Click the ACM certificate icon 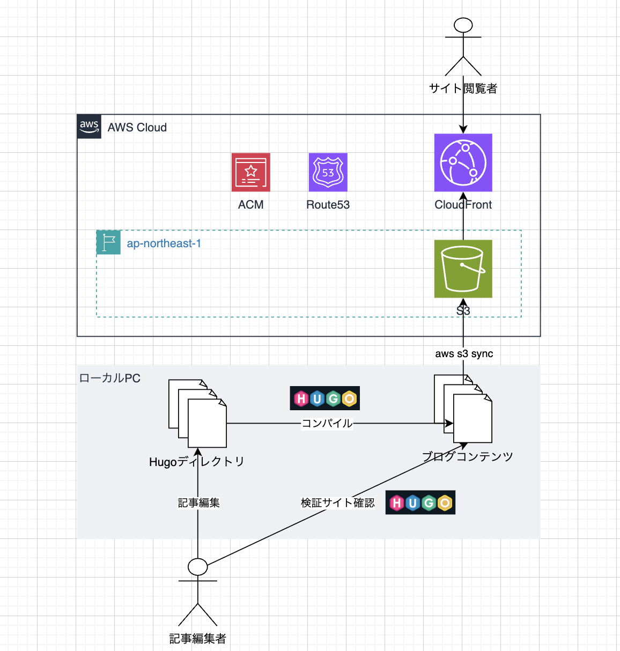250,172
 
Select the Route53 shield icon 328,172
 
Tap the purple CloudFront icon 463,162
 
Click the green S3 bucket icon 463,268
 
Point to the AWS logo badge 89,127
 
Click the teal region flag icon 108,242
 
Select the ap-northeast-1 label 164,243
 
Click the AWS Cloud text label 137,128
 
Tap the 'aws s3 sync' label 464,354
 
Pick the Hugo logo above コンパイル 324,398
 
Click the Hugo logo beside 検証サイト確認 420,502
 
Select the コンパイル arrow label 327,423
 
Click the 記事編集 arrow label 198,502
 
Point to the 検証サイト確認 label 337,502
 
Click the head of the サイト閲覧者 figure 463,25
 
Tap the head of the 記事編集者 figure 198,566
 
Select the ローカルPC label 109,378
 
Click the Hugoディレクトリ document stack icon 197,413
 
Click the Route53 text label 328,205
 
